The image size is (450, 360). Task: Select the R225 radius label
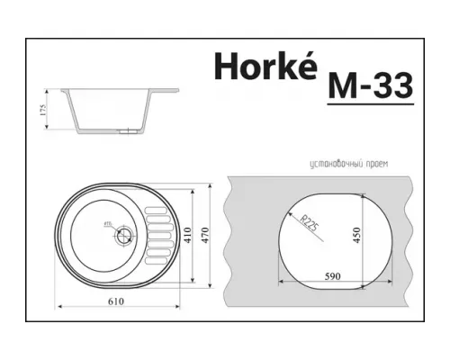pos(309,220)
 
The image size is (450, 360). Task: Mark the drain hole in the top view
pos(123,237)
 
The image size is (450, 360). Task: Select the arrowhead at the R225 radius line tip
pos(290,206)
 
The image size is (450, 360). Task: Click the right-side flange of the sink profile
pos(167,92)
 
